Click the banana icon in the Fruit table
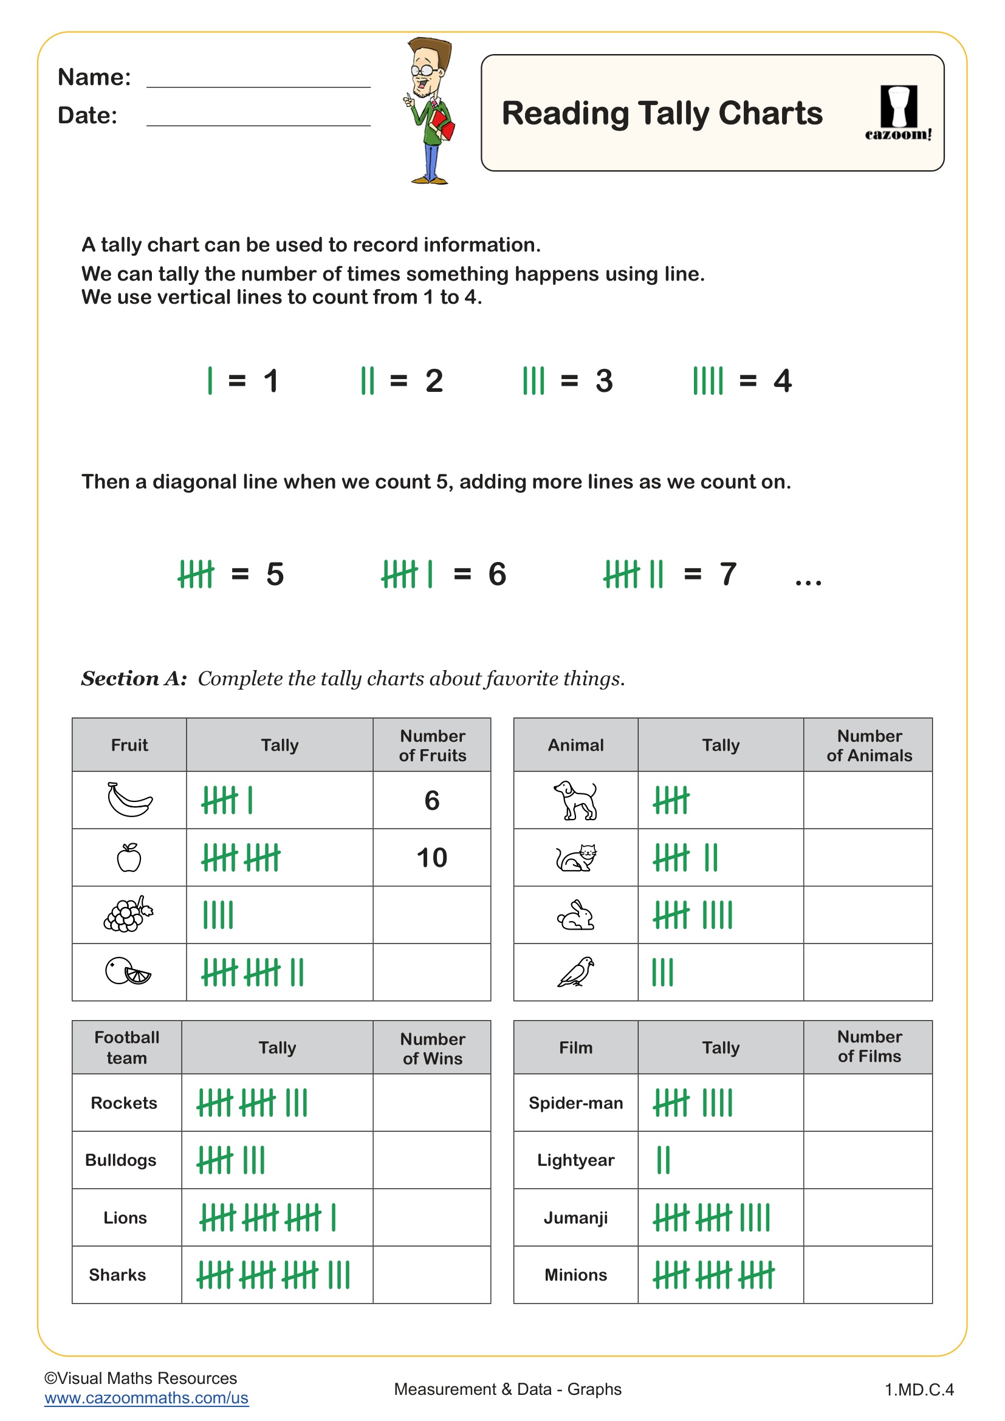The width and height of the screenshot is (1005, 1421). (129, 800)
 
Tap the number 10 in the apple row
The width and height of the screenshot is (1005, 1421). (431, 858)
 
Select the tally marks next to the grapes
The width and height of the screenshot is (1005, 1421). (219, 915)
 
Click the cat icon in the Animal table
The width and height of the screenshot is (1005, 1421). (576, 858)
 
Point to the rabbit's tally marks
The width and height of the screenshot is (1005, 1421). (693, 915)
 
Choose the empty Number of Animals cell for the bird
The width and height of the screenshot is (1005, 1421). (868, 972)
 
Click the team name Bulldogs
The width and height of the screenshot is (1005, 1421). (121, 1160)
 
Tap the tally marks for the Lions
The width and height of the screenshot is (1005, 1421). (267, 1217)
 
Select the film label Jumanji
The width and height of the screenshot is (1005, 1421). (575, 1217)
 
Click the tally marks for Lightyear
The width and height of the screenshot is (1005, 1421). (664, 1160)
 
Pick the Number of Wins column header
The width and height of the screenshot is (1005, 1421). (432, 1049)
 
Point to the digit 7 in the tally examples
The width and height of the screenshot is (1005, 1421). (728, 574)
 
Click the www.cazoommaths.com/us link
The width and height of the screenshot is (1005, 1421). (146, 1397)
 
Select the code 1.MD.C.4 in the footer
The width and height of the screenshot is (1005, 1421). (919, 1389)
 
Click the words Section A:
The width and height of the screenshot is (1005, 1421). (134, 679)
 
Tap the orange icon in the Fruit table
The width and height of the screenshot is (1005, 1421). (128, 971)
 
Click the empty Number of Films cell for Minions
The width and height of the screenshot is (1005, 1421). (868, 1275)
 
